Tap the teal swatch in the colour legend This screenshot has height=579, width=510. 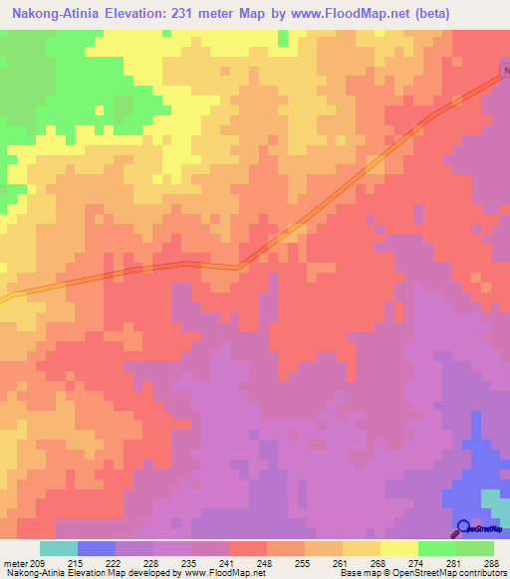click(x=59, y=548)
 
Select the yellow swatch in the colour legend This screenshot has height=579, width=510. click(x=399, y=548)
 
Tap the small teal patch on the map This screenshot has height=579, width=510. click(x=493, y=501)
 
